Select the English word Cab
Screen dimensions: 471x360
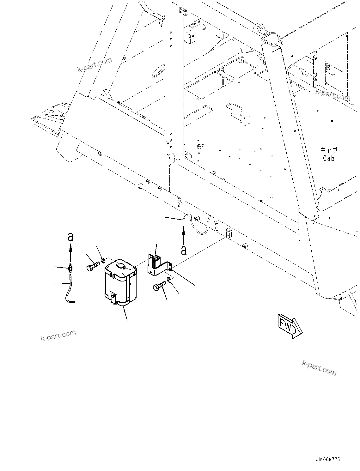(x=329, y=158)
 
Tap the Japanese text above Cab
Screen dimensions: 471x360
(x=329, y=150)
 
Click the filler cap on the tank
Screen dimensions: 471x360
(x=121, y=266)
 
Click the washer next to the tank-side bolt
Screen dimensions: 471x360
(x=103, y=261)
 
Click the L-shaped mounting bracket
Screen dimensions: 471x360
(x=158, y=265)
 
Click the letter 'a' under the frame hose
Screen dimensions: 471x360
(x=184, y=250)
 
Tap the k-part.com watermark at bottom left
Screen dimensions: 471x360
(x=58, y=335)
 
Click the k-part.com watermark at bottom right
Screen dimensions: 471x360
(x=319, y=368)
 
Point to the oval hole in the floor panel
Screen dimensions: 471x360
(x=158, y=71)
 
